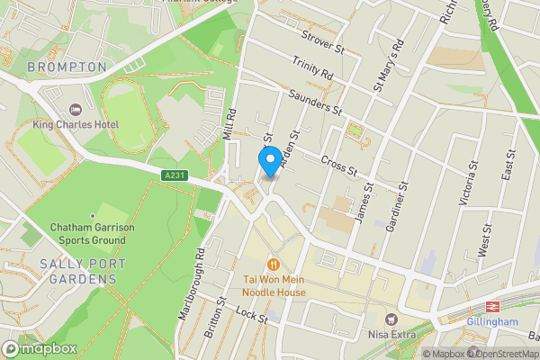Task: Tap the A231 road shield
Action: pos(175,175)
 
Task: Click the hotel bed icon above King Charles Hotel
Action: pos(50,109)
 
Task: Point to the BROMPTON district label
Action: pos(67,67)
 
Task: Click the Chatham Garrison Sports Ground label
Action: pos(92,234)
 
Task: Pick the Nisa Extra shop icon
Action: pos(391,319)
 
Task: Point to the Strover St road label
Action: pos(324,42)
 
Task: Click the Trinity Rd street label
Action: pos(310,69)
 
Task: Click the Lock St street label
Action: pos(251,315)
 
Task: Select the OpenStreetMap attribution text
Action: pos(500,354)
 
